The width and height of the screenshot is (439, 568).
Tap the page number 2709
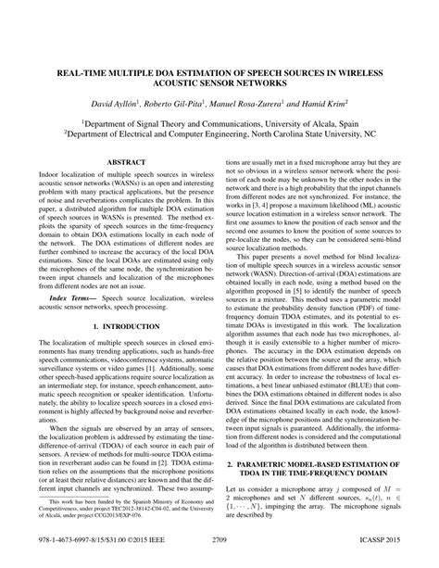pos(219,560)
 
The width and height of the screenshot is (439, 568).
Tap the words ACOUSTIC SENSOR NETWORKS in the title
pos(219,81)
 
